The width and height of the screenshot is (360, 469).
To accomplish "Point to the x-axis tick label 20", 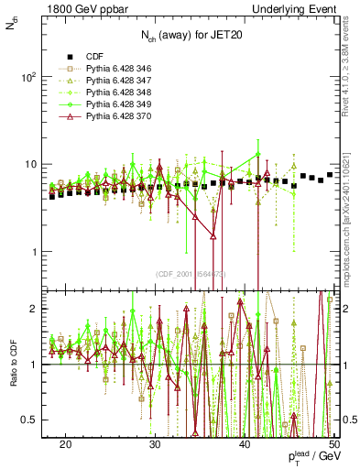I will point(66,443).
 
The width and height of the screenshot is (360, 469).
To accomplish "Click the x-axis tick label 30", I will point(156,443).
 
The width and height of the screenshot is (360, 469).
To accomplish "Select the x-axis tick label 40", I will point(245,443).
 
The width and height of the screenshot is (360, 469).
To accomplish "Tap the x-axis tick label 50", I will point(333,443).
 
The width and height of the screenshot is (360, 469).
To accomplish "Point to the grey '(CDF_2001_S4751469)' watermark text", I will point(191,274).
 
